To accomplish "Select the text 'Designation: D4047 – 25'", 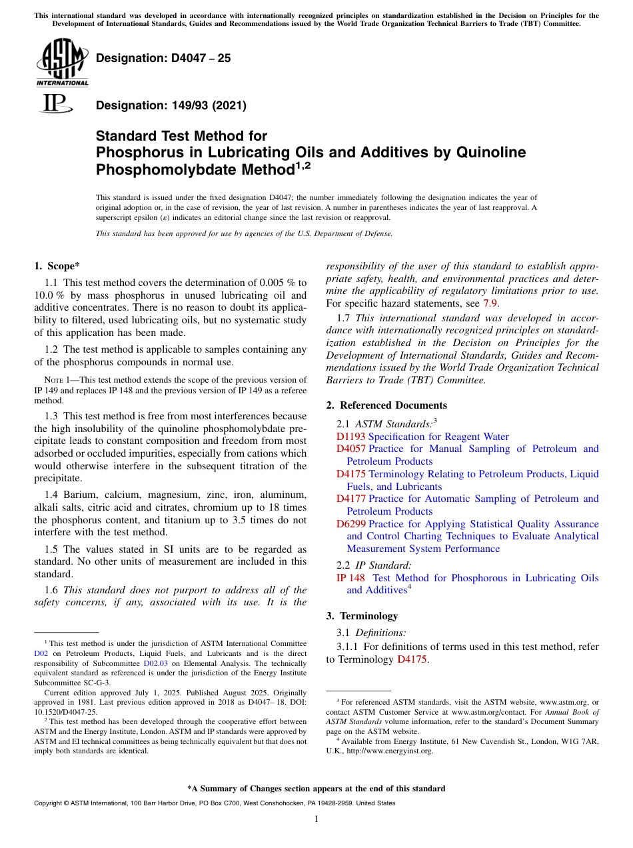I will click(x=163, y=58).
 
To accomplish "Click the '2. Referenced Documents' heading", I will click(x=386, y=405).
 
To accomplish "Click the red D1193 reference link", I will click(x=350, y=437).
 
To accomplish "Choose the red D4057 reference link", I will click(x=350, y=449).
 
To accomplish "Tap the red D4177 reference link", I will click(x=350, y=499).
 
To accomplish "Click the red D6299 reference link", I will click(x=350, y=524).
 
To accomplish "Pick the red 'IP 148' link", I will click(x=350, y=578).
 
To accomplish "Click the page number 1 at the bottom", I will click(x=316, y=819).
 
